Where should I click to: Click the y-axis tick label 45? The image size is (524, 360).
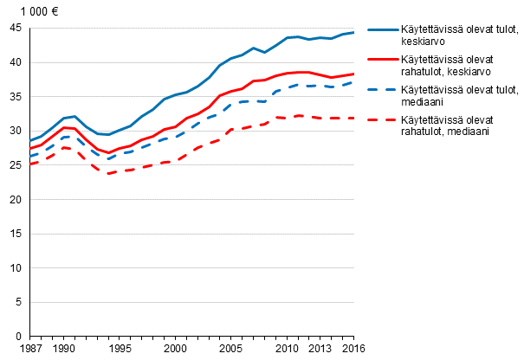pos(16,29)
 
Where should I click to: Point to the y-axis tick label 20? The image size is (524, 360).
pos(16,200)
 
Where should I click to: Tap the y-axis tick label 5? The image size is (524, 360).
pos(19,302)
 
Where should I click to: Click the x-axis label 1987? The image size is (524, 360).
pos(30,348)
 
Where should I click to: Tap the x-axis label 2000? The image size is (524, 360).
pos(176,348)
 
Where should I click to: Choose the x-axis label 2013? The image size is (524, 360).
pos(320,348)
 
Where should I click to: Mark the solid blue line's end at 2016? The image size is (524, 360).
pos(353,32)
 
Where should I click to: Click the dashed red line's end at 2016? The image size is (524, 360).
pos(353,118)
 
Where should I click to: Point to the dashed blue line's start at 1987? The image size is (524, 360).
pos(30,157)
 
